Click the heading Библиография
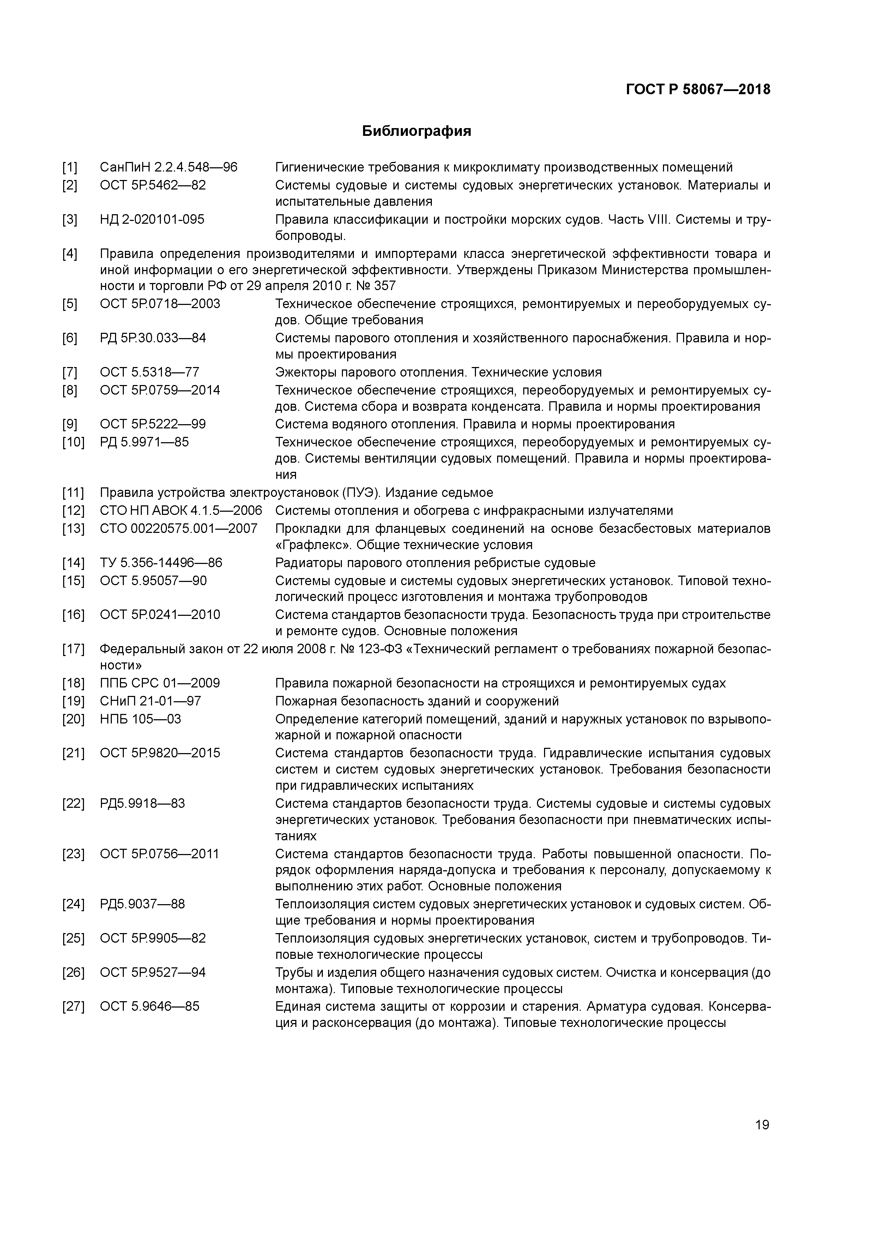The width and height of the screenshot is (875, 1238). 416,131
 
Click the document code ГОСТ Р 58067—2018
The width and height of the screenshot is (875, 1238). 698,90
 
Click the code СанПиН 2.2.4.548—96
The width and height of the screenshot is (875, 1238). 168,167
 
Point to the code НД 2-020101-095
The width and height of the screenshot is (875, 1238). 152,220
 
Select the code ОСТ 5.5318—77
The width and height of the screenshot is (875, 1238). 149,372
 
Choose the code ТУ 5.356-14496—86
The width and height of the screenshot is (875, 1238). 161,563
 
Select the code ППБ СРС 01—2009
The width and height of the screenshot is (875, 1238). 159,683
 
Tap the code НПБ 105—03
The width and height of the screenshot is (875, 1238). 140,719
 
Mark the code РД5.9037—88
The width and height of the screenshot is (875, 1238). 142,904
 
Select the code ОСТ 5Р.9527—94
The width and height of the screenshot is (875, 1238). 152,972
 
